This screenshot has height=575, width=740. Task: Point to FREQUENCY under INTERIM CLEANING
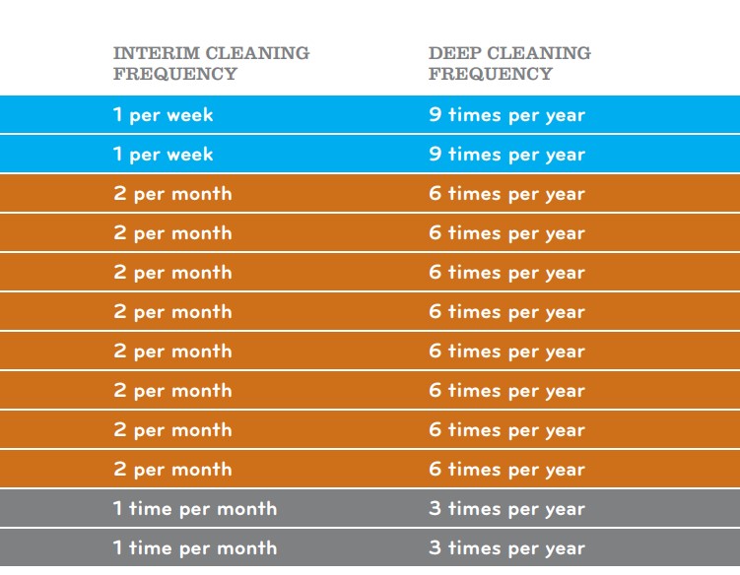[x=175, y=74]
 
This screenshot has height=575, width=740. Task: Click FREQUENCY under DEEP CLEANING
[x=491, y=74]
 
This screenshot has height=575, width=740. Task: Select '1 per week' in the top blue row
[x=163, y=115]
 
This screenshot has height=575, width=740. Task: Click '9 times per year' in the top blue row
[x=506, y=115]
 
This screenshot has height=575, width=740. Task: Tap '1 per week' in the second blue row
[x=163, y=155]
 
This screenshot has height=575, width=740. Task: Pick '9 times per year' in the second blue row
[x=506, y=155]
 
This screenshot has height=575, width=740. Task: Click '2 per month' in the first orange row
[x=172, y=194]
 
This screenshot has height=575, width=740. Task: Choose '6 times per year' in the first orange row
[x=506, y=194]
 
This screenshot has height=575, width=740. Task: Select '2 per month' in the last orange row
[x=172, y=470]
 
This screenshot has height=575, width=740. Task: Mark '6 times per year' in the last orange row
[x=506, y=470]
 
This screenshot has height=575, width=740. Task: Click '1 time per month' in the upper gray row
[x=195, y=509]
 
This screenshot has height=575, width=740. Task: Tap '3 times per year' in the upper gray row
[x=506, y=509]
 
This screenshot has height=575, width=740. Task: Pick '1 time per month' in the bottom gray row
[x=195, y=548]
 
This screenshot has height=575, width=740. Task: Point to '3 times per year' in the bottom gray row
[x=506, y=548]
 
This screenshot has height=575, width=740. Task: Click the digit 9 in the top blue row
[x=435, y=115]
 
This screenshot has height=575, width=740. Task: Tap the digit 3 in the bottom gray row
[x=435, y=548]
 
